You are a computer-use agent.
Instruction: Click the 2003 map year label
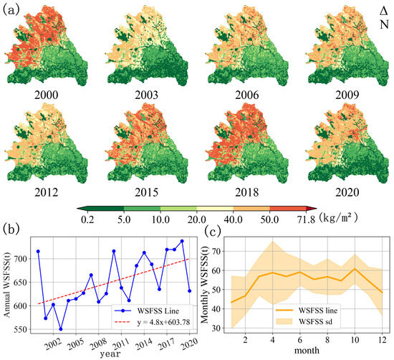(x=146, y=95)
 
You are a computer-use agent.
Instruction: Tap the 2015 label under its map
(x=146, y=192)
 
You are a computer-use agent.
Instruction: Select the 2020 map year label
(x=347, y=192)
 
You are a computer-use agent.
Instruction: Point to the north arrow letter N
(x=384, y=24)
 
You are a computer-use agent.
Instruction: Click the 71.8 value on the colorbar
(x=306, y=219)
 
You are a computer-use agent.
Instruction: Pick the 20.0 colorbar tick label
(x=197, y=219)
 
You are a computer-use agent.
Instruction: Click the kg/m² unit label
(x=338, y=217)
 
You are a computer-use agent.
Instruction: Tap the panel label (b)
(x=11, y=229)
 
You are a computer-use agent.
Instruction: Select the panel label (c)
(x=213, y=231)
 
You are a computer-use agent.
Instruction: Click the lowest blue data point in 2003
(x=61, y=329)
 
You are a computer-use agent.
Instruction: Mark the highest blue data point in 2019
(x=182, y=241)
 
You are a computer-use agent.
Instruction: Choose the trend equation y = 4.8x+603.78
(x=163, y=322)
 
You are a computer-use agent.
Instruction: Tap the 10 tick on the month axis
(x=355, y=340)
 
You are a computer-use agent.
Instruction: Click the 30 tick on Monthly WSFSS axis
(x=218, y=328)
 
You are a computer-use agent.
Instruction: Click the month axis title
(x=307, y=350)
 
